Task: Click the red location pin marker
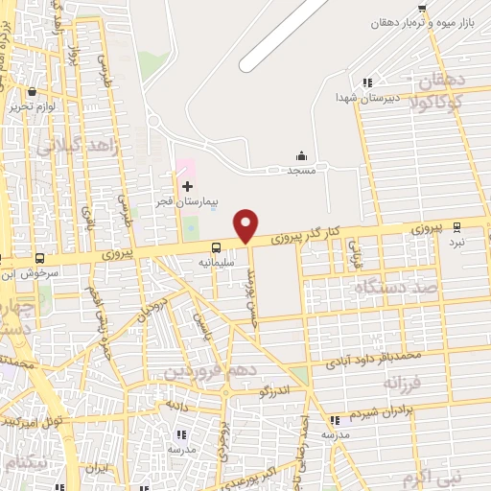click(x=247, y=225)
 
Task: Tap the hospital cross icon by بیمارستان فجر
click(x=187, y=185)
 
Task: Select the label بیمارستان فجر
click(x=188, y=202)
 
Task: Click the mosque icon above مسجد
click(x=302, y=156)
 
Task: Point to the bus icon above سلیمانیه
click(x=216, y=246)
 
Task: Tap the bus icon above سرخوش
click(x=39, y=258)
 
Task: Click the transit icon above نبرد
click(x=456, y=227)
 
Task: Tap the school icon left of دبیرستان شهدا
click(x=367, y=82)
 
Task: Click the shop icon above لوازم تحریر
click(x=33, y=92)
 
